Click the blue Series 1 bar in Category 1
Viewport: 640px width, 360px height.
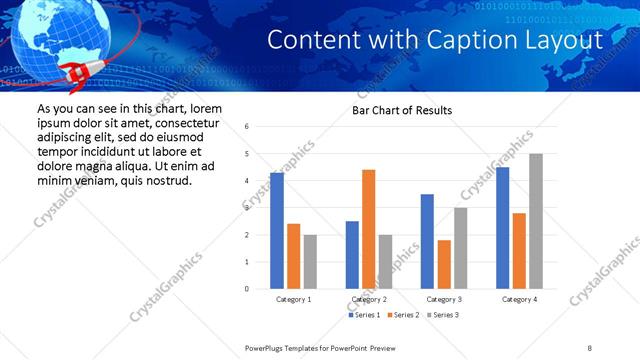point(277,231)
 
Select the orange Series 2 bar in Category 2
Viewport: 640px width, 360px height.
point(368,229)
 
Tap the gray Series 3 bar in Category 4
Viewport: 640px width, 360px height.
point(536,221)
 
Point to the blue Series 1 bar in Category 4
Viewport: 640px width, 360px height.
point(503,228)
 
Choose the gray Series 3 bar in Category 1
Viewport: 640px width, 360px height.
point(310,262)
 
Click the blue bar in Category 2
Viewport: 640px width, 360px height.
point(352,255)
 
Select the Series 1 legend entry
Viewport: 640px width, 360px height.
point(365,315)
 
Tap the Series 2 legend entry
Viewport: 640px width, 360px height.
point(402,315)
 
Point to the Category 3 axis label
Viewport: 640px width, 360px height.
point(444,299)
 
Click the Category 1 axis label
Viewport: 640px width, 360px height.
point(293,299)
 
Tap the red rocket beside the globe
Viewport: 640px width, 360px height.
point(74,70)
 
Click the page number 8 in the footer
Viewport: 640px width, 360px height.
point(590,347)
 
